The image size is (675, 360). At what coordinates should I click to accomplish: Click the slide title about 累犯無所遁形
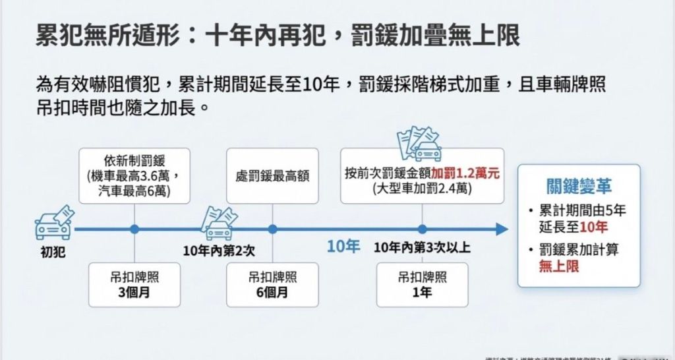(278, 34)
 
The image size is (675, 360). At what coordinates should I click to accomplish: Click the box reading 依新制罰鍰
(134, 175)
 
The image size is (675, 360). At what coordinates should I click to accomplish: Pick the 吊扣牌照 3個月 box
(134, 284)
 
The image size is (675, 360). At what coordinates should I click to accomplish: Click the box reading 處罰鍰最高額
(272, 176)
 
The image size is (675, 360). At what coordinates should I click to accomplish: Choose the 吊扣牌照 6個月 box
(272, 284)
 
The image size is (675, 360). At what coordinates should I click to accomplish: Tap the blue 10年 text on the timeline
(343, 247)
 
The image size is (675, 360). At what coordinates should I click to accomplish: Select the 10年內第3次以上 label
(422, 247)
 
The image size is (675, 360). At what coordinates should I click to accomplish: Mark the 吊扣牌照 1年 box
(422, 284)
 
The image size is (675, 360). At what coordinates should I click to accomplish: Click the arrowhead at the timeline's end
(502, 229)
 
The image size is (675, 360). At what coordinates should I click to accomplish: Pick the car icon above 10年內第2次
(219, 224)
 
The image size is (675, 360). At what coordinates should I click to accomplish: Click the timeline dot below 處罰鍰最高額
(272, 229)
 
